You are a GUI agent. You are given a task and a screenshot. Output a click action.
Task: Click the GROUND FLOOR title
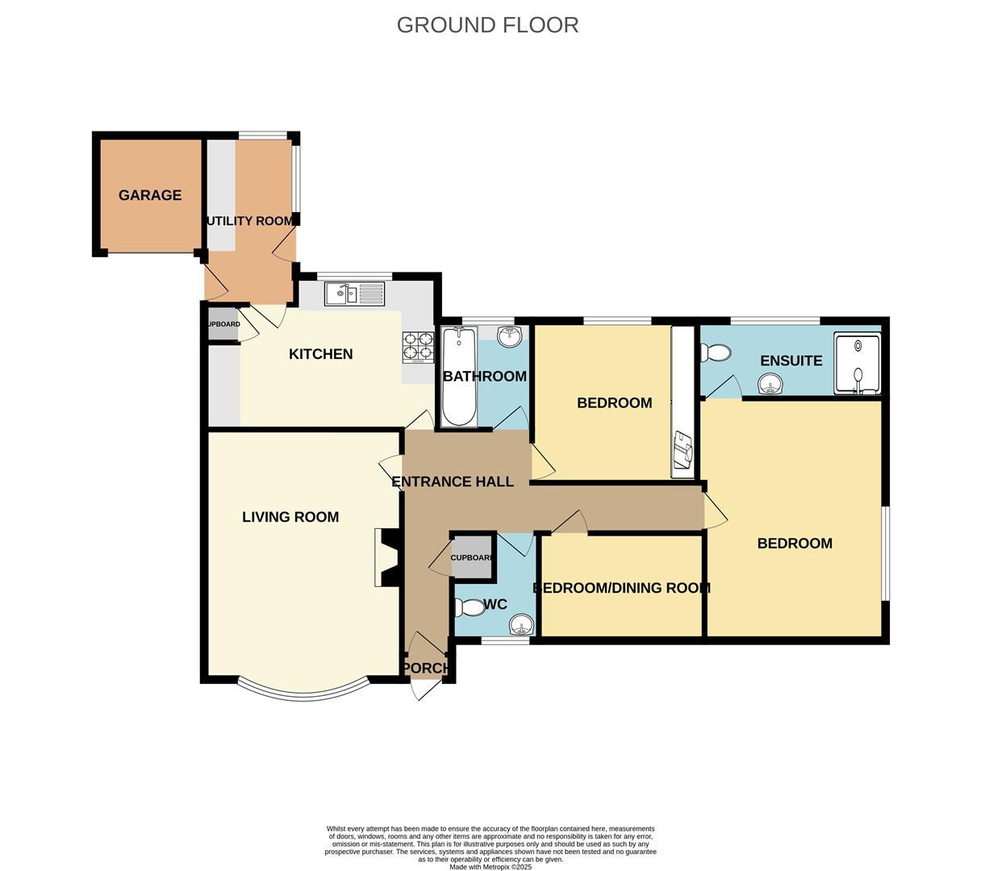pos(487,25)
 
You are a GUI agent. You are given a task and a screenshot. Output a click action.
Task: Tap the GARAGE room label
pos(150,195)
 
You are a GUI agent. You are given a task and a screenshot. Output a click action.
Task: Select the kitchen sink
pos(355,294)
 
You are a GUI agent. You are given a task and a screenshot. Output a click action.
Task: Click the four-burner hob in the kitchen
pos(418,348)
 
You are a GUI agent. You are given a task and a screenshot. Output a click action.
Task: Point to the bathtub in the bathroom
pos(459,376)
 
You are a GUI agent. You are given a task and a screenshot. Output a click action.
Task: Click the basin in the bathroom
pos(509,336)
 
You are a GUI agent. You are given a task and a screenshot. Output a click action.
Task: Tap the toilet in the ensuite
pos(716,353)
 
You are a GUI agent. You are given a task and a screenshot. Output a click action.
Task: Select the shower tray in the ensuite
pos(857,365)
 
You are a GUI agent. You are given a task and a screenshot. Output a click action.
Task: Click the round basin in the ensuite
pos(771,385)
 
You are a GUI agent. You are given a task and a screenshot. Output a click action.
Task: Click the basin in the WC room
pos(522,625)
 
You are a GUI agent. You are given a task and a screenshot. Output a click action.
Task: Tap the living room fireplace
pos(386,557)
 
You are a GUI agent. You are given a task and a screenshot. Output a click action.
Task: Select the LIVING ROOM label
pos(290,517)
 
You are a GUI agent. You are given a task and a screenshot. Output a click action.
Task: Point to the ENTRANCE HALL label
pos(453,482)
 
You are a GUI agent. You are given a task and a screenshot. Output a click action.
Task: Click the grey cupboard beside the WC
pos(471,557)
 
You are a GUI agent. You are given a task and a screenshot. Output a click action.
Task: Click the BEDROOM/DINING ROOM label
pos(621,588)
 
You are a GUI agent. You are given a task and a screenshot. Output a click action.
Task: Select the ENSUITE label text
pos(791,360)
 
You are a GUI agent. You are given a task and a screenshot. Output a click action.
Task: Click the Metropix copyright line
pos(490,867)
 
